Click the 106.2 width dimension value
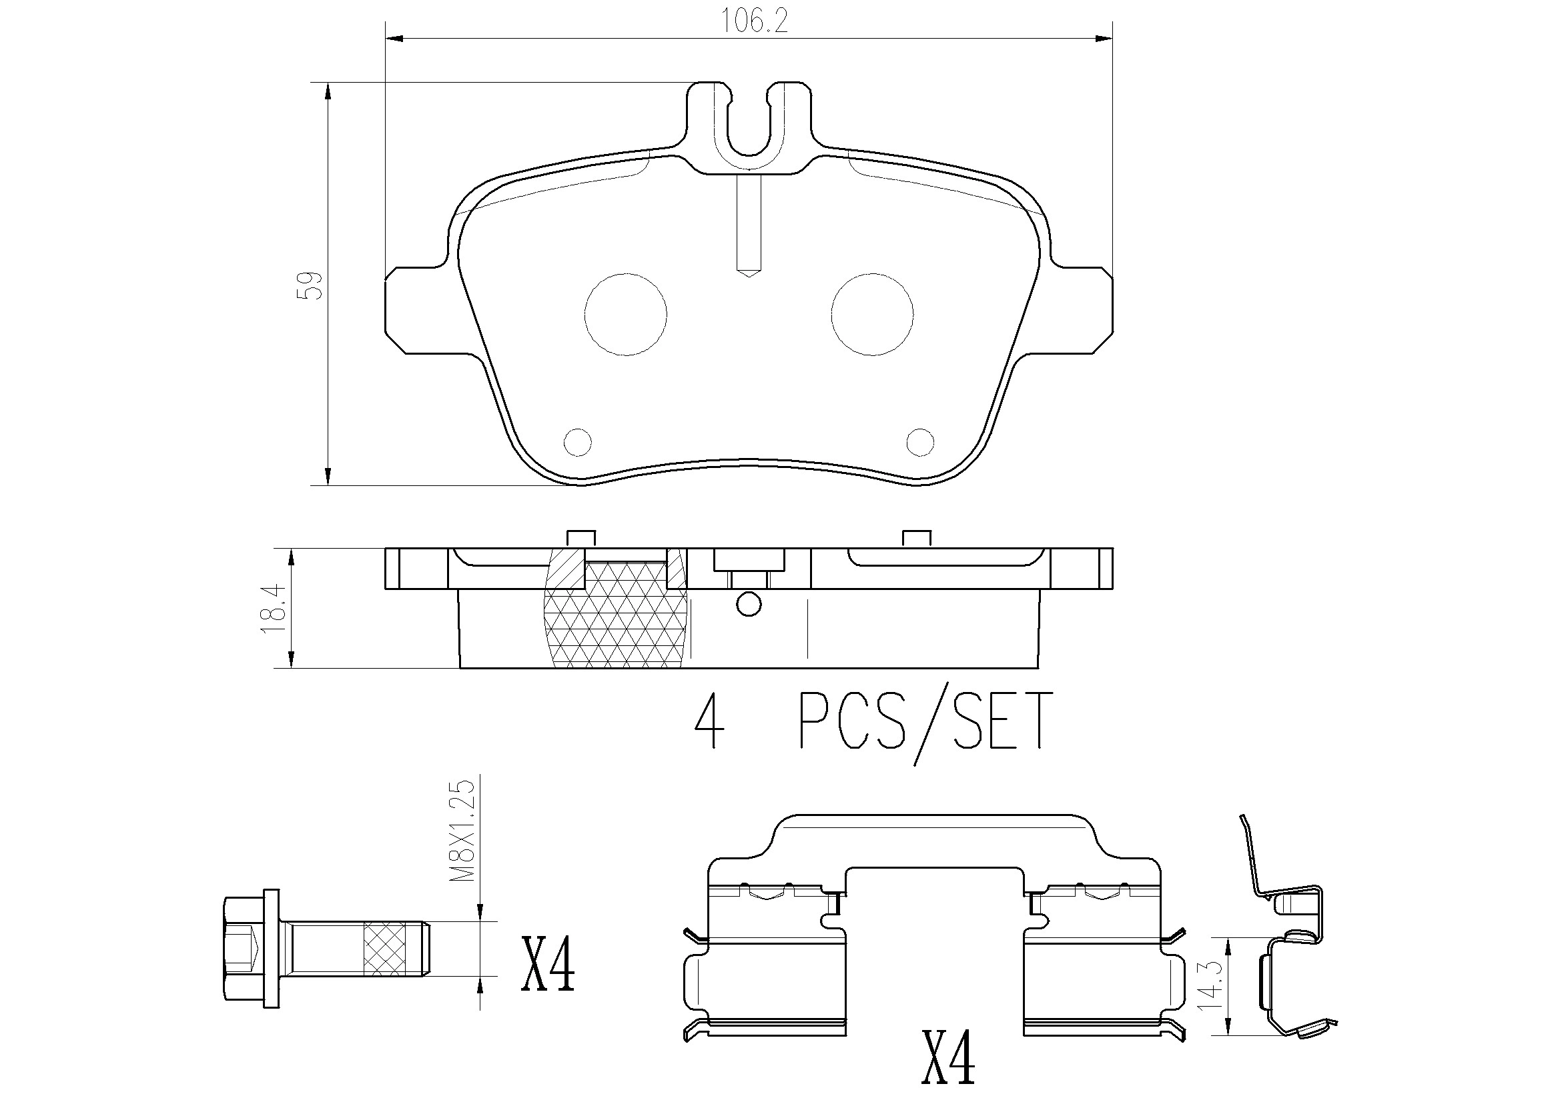tap(753, 22)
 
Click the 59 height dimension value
tap(311, 286)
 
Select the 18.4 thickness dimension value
tap(273, 609)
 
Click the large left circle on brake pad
tap(625, 314)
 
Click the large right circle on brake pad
tap(871, 314)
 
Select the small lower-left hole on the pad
tap(578, 442)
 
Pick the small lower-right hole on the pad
tap(920, 442)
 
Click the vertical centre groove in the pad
tap(749, 224)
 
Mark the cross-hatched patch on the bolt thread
tap(384, 949)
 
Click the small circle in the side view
tap(749, 604)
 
